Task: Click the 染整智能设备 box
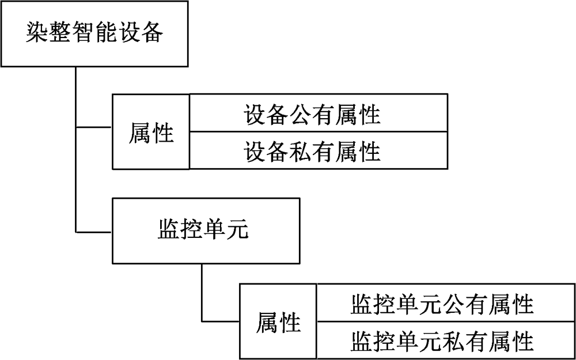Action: coord(95,33)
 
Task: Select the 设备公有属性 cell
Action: coord(318,113)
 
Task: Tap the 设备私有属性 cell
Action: coord(318,151)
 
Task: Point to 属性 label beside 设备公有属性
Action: coord(151,132)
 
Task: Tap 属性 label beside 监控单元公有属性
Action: coord(279,322)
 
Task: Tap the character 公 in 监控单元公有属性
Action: coord(453,303)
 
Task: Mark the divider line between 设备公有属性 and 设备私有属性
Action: coord(318,132)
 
